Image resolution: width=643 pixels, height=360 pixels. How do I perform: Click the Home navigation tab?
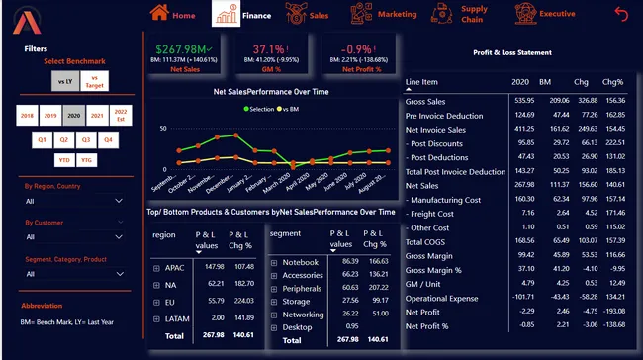tap(173, 15)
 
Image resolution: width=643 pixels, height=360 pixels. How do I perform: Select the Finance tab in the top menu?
tap(243, 15)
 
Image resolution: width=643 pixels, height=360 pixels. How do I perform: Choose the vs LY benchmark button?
tap(66, 81)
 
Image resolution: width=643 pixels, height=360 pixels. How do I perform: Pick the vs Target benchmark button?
tap(95, 81)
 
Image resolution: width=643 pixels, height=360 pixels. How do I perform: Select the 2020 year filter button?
tap(73, 116)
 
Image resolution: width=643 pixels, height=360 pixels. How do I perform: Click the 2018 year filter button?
tap(28, 116)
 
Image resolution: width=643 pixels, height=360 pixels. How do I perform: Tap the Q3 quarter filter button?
tap(86, 140)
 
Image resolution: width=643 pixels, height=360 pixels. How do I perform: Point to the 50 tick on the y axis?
tap(162, 129)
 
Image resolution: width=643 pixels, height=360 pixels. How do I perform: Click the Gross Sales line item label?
tap(425, 101)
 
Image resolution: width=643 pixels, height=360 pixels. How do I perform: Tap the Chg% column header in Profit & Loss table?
tap(613, 82)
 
